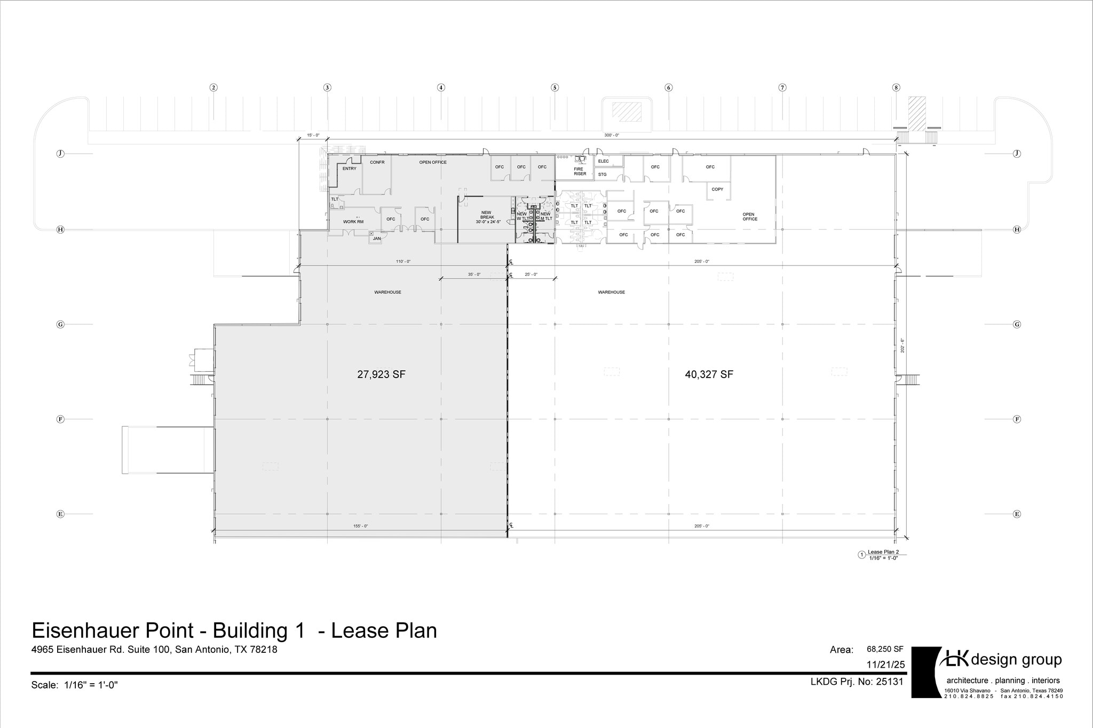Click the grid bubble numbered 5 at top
point(555,87)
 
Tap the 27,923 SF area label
point(381,374)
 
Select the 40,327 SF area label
point(709,374)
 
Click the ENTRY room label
point(349,169)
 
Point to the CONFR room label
point(377,162)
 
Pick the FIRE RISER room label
point(580,171)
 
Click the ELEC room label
point(603,161)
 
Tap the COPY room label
point(717,189)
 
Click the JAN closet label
point(377,238)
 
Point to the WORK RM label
point(353,221)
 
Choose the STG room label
point(602,174)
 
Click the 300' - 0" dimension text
point(611,135)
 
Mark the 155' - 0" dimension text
point(360,526)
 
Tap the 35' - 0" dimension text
point(474,274)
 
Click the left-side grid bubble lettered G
point(60,324)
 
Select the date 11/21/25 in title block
point(886,665)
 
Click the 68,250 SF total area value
point(885,649)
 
